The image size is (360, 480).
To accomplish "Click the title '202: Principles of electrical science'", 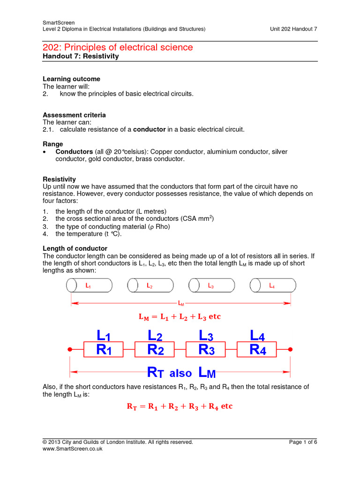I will point(118,47).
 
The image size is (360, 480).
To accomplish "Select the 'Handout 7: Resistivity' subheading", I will point(81,56).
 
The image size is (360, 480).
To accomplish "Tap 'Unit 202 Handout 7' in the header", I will point(293,29).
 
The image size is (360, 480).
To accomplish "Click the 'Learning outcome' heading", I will point(71,79).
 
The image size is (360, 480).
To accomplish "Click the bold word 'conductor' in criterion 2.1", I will point(150,129).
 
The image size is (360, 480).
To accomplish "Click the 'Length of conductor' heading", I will point(75,248).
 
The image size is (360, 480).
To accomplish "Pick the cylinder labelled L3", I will point(211,285).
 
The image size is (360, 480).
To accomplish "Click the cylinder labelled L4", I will point(273,285).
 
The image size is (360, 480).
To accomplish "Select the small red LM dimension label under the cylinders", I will point(181,303).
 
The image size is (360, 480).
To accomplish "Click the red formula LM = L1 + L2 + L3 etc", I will point(180,317).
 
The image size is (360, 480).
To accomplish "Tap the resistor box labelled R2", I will point(155,349).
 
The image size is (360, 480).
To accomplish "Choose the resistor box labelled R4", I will point(257,349).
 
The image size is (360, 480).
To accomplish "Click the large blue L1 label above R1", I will point(103,335).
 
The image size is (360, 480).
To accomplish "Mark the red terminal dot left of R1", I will point(70,349).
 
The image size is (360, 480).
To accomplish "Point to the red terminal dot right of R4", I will point(291,349).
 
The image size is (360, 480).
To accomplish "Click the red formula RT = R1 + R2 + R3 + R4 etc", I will point(180,406).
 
